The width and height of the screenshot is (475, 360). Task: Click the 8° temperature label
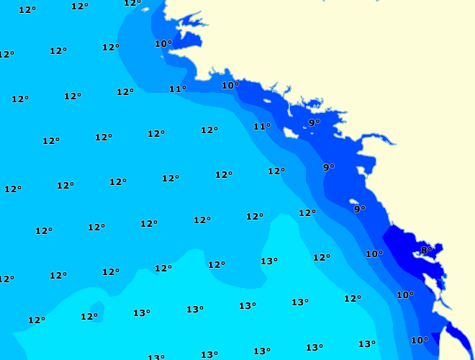click(x=426, y=251)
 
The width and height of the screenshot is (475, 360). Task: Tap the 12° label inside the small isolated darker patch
click(x=89, y=317)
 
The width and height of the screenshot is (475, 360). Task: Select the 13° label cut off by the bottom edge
click(x=156, y=356)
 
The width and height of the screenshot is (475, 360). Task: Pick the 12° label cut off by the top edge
click(x=132, y=3)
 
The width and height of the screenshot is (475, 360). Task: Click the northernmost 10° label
click(x=163, y=44)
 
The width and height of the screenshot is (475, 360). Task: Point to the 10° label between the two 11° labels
click(x=230, y=86)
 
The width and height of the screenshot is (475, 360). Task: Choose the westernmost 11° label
click(x=178, y=89)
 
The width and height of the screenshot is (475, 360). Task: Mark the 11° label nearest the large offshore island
click(x=262, y=127)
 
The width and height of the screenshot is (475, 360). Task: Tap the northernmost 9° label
click(x=315, y=123)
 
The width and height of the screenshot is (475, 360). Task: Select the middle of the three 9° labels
click(x=329, y=168)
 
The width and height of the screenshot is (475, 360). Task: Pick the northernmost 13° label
click(x=269, y=261)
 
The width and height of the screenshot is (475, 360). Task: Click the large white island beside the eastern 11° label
click(x=291, y=132)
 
